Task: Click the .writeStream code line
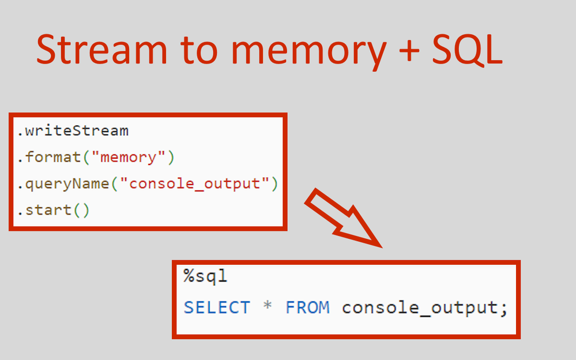73,131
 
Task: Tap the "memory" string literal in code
129,157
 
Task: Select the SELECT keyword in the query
217,307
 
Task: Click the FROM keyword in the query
307,307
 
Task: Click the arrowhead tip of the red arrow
380,246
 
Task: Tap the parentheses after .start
81,209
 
